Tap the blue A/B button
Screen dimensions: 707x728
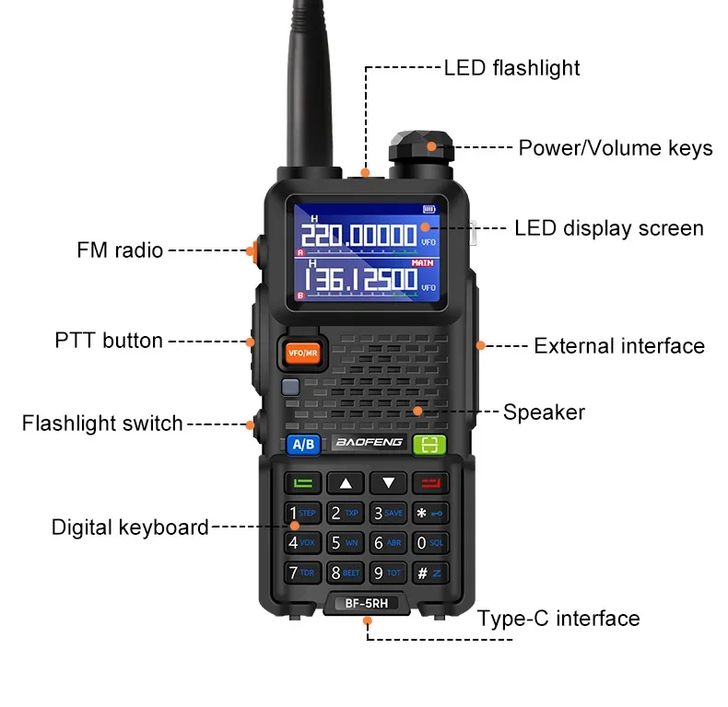[303, 445]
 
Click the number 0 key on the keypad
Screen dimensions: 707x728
[429, 543]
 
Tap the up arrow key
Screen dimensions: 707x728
[346, 482]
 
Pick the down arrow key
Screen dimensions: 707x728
[388, 482]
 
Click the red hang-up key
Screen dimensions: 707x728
[429, 482]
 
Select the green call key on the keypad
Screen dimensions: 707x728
[303, 482]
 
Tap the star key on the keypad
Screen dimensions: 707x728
[429, 513]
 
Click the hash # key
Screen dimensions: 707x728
[429, 574]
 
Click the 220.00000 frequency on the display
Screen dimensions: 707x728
[359, 236]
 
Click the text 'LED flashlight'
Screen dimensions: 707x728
[512, 68]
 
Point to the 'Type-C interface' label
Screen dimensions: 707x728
[558, 619]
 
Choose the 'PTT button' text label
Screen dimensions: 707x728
[109, 341]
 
